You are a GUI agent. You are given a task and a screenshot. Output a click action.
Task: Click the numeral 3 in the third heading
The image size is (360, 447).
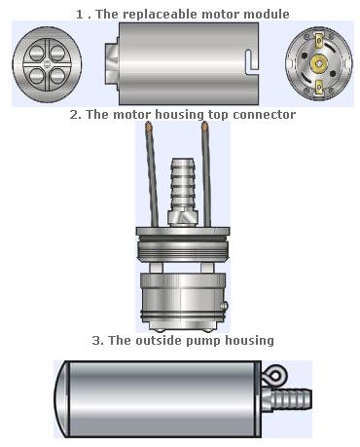tap(96, 341)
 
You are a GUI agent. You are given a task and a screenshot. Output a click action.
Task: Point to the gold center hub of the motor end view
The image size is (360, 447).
tap(319, 63)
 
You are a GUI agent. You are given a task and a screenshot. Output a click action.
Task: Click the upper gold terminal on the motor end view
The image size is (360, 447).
tap(319, 40)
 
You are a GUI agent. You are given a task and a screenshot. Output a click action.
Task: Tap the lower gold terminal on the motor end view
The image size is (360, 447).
tap(319, 87)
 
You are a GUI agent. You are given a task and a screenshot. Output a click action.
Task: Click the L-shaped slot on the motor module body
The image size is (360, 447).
tap(252, 61)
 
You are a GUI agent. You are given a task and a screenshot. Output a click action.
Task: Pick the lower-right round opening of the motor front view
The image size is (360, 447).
tap(58, 76)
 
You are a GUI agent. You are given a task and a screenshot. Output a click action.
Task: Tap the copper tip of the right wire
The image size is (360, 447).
tap(205, 126)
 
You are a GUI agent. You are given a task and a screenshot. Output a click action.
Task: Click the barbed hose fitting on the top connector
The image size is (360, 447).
tap(183, 185)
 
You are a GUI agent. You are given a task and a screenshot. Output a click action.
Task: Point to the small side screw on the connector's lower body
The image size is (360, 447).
tap(224, 305)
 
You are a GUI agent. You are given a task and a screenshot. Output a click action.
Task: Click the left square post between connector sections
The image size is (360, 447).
tap(156, 268)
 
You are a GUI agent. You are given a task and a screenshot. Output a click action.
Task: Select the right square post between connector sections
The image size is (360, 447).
tap(207, 268)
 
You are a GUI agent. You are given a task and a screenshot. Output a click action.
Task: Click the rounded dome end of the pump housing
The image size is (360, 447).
tap(61, 399)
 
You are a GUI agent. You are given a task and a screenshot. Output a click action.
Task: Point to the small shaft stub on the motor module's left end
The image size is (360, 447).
tap(112, 63)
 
